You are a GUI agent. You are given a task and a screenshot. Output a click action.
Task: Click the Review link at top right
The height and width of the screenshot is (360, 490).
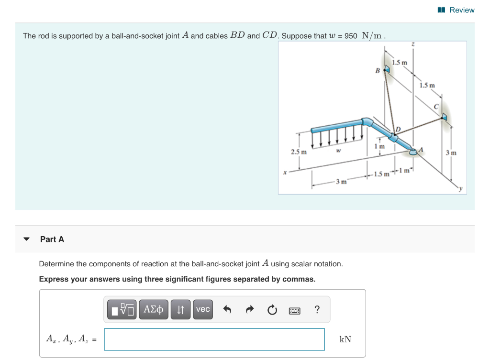[x=457, y=10]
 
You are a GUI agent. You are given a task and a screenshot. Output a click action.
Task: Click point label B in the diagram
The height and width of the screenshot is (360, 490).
[x=377, y=71]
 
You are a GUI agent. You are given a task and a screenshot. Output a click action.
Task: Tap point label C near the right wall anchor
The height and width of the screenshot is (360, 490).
[x=436, y=106]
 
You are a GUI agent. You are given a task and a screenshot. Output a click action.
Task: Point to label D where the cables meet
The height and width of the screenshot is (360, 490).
[x=397, y=129]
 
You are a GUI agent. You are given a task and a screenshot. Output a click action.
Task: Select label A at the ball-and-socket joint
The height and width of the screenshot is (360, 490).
[x=422, y=149]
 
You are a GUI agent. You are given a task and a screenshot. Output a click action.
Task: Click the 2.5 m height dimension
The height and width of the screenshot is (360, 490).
[x=299, y=152]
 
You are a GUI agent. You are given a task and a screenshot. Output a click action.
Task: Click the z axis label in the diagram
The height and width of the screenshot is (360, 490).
[x=413, y=44]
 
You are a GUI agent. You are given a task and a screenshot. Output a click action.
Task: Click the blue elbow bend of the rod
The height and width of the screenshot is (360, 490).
[x=367, y=122]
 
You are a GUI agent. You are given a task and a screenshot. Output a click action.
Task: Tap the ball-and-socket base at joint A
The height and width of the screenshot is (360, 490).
[x=412, y=153]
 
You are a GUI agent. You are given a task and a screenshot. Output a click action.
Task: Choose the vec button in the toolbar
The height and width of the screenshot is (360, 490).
[x=203, y=309]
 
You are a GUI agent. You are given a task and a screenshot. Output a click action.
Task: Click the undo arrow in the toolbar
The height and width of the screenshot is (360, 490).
[x=227, y=310]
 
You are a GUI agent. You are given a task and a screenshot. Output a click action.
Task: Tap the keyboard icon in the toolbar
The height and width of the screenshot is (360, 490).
[x=294, y=310]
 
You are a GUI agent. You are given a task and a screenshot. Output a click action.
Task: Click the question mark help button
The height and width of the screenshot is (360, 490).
[x=316, y=310]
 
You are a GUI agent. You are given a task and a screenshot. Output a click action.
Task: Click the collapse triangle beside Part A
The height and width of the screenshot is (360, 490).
[x=27, y=239]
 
